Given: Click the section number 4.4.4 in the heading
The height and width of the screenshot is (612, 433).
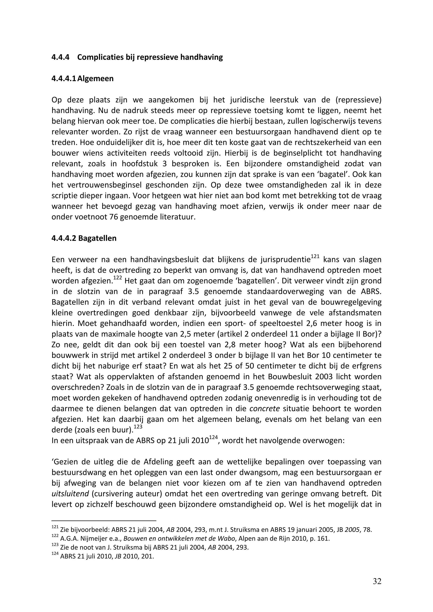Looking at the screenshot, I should [x=60, y=57].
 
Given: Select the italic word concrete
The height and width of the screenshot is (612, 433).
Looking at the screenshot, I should [x=265, y=408].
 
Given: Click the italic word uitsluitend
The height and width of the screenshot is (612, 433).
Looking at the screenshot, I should [x=70, y=494].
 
